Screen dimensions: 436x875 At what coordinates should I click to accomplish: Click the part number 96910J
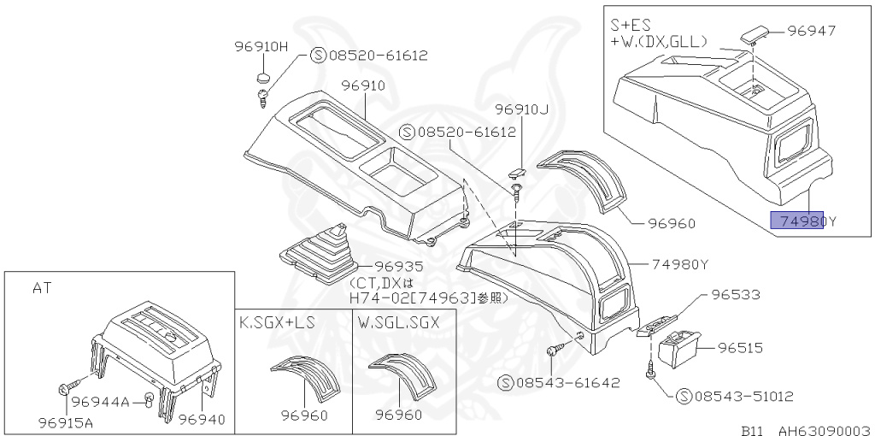click(x=521, y=110)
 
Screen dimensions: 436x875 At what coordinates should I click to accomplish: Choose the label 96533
click(x=736, y=295)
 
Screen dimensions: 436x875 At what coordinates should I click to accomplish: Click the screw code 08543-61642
click(x=565, y=382)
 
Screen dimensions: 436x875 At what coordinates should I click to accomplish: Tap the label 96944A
click(x=100, y=402)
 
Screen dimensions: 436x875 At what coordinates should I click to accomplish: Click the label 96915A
click(x=67, y=421)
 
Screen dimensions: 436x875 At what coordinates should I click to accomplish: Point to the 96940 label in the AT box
click(x=201, y=419)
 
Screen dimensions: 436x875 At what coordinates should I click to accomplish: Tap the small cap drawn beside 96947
click(x=754, y=33)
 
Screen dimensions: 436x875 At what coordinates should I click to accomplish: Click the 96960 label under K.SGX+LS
click(x=304, y=415)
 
